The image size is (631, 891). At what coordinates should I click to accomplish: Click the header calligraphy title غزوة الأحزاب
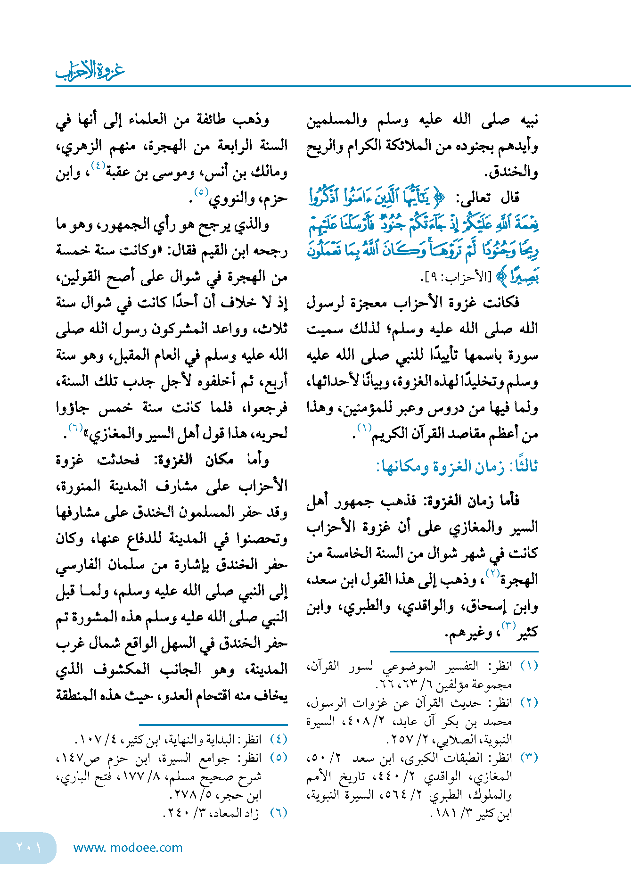tap(90, 71)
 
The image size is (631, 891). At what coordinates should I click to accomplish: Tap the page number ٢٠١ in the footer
tap(28, 847)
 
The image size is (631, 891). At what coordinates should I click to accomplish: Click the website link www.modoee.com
tap(128, 848)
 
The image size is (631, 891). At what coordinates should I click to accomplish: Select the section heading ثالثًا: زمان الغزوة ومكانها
tap(457, 467)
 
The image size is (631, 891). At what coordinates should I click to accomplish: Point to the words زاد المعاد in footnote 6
tap(241, 813)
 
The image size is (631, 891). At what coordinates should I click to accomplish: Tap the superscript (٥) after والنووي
tap(201, 192)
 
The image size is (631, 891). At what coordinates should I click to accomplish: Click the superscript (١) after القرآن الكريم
tap(364, 428)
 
